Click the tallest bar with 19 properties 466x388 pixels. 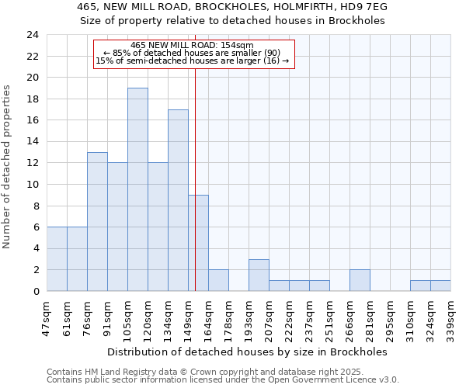coord(137,189)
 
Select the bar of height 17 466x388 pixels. coord(178,200)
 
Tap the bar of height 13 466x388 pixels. coord(97,221)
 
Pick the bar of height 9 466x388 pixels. coord(198,243)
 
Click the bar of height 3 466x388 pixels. coord(259,275)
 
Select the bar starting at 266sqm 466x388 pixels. coord(360,280)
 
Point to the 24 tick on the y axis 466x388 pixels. coord(32,35)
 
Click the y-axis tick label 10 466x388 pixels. coord(32,185)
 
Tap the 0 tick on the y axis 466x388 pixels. coord(35,291)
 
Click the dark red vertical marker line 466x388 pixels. coord(195,155)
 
